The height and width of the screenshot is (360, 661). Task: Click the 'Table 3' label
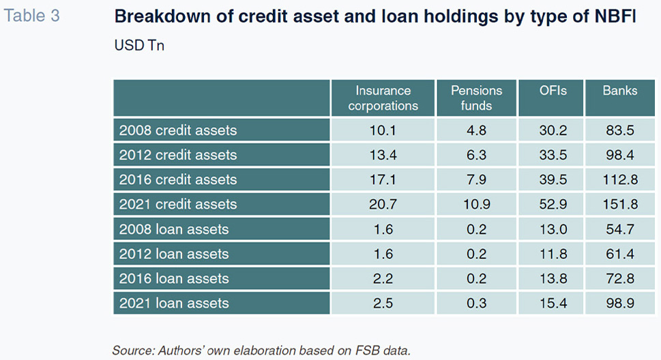[31, 16]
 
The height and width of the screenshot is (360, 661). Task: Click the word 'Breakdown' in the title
[162, 16]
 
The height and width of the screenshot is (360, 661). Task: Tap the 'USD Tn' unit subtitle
[139, 45]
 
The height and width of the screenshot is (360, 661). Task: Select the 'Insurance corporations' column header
[383, 97]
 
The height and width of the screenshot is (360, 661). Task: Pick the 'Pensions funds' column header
[476, 97]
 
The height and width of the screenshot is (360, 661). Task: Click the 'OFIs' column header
[553, 91]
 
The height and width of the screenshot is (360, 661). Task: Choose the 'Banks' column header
[619, 91]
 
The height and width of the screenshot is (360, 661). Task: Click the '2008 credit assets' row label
[178, 130]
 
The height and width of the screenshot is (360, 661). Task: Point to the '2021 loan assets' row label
[174, 303]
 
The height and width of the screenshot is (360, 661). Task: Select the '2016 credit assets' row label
[178, 179]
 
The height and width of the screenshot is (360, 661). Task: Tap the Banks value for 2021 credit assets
[619, 205]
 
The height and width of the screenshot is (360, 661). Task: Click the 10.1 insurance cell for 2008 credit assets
[383, 130]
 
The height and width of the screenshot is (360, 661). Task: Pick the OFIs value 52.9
[553, 205]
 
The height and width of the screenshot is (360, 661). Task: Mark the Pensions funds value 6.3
[476, 155]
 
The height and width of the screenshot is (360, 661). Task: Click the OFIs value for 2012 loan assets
[553, 254]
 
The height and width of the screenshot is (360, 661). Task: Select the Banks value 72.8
[619, 279]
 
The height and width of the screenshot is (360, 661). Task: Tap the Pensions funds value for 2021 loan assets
[476, 303]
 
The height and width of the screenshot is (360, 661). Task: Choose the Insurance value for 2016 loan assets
[383, 279]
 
